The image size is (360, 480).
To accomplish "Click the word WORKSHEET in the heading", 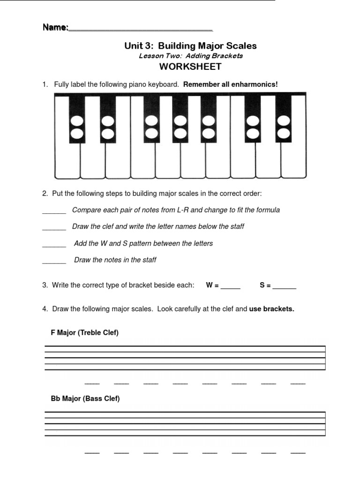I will pos(190,67).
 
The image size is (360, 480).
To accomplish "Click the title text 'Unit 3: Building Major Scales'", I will pos(190,46).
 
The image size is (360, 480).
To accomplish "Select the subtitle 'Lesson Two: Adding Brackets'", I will pos(190,56).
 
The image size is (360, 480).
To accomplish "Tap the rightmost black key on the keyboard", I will pos(284,117).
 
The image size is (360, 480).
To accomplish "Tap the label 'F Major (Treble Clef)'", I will pos(84,333).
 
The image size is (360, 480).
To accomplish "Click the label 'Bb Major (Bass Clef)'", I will pos(85,399).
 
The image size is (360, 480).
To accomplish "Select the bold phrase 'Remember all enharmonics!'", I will pos(231,84).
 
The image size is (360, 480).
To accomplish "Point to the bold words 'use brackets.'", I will pos(271,309).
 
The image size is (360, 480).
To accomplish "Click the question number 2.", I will pos(45,193).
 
